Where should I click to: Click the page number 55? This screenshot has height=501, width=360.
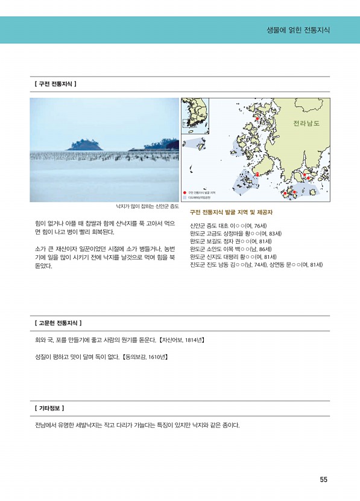(x=323, y=480)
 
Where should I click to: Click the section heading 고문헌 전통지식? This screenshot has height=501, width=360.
(x=58, y=324)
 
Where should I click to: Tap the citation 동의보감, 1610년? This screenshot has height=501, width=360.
(x=145, y=357)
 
